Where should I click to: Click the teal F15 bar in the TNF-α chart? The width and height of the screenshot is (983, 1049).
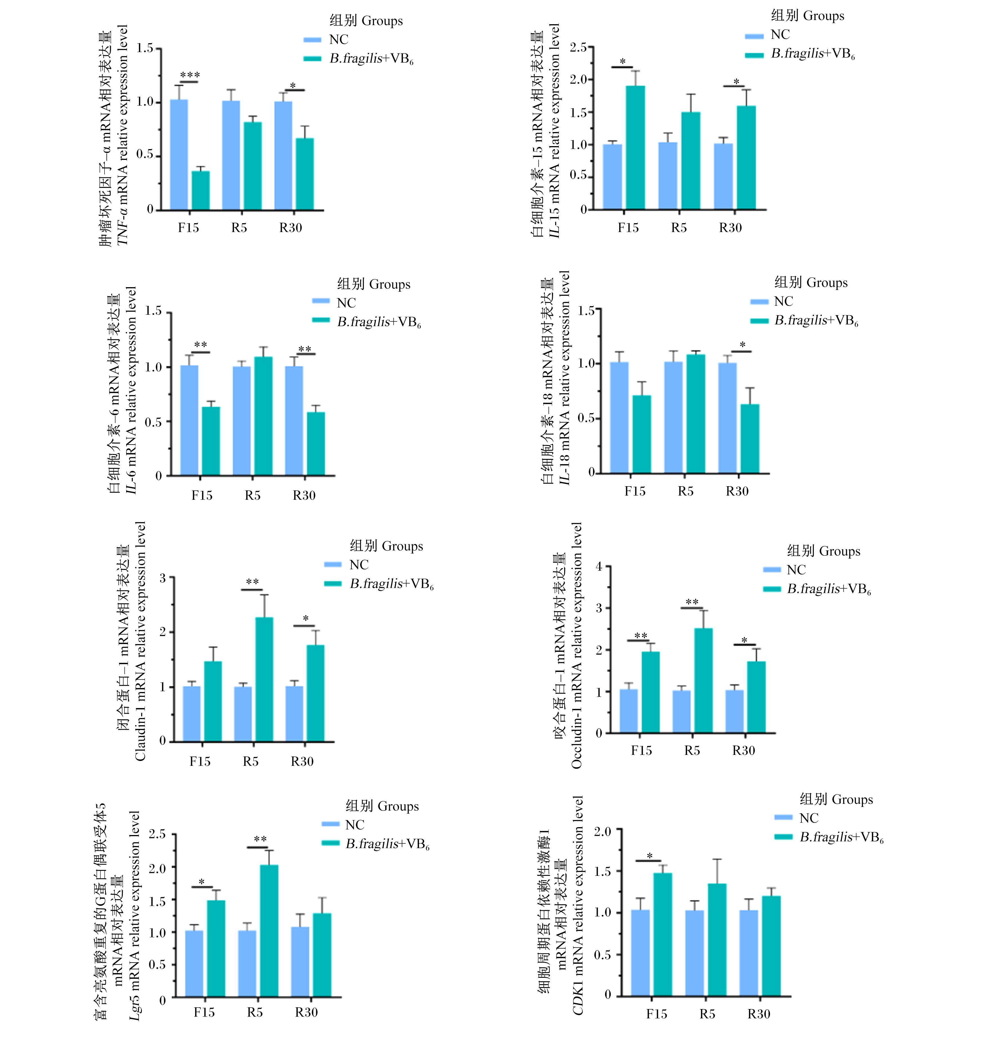tap(200, 191)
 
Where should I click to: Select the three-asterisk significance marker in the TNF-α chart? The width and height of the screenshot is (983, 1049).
tap(190, 75)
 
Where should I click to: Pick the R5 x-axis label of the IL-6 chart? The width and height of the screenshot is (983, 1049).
tap(253, 496)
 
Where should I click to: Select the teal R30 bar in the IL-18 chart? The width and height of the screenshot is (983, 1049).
tap(750, 438)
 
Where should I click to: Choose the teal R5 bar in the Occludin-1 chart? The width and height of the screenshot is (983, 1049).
tap(703, 681)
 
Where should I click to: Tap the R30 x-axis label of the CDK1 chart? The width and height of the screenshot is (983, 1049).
tap(759, 1014)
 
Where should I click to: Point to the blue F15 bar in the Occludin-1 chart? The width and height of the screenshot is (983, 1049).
tap(628, 711)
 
